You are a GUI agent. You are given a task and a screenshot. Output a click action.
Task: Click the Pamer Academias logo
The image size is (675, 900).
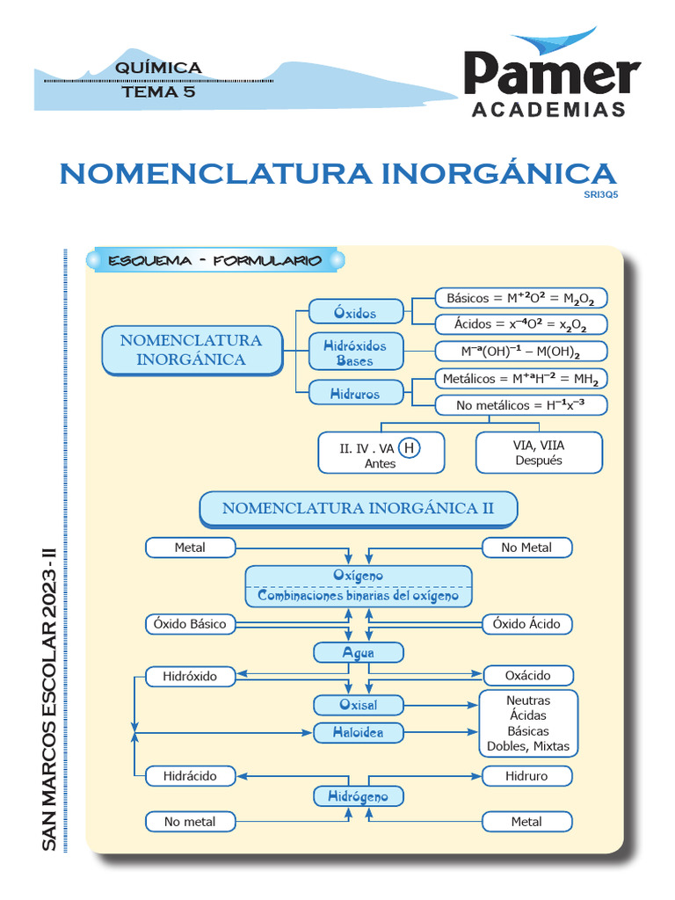pos(551,77)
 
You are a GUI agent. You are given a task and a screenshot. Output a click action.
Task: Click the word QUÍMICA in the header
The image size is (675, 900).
pos(158,68)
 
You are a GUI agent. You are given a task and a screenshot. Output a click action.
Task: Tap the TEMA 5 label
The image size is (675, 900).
pos(158,91)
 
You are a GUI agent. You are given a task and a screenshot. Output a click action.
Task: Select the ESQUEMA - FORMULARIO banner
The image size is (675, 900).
pos(215,261)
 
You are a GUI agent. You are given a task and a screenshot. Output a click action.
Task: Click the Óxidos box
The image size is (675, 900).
pos(355,313)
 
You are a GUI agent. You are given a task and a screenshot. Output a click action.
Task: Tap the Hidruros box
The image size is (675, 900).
pos(355,395)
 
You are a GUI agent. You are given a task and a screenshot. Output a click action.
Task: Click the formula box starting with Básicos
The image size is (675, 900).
pos(521,298)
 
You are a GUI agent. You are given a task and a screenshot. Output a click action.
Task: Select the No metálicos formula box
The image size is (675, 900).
pos(521,405)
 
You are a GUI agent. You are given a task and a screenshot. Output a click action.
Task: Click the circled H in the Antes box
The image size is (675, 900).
pos(409,448)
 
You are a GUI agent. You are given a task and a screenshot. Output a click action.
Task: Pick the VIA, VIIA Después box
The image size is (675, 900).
pos(539,453)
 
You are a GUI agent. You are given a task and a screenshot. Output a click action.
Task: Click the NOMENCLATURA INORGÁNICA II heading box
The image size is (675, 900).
pos(359,508)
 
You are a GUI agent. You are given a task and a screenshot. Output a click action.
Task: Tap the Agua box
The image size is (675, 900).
pos(359,653)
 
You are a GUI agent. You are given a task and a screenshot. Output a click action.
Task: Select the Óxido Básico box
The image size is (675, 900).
pos(190,624)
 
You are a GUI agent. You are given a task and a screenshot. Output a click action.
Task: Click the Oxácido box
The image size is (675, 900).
pos(528,676)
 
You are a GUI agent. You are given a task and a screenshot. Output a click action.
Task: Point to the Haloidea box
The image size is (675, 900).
pos(359,732)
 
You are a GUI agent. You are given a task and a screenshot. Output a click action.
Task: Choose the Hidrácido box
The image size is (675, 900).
pos(190,776)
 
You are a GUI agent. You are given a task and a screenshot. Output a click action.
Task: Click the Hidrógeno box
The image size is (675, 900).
pos(359,796)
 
